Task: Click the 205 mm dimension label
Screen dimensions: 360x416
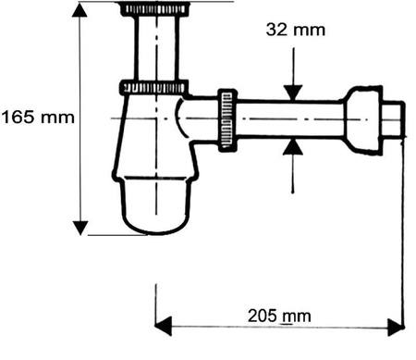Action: (279, 316)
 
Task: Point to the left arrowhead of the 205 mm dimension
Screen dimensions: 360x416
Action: (163, 325)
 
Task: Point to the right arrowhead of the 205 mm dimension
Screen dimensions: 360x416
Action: (395, 325)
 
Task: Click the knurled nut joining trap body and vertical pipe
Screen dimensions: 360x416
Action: (153, 89)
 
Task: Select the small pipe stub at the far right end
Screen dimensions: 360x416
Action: (396, 120)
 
